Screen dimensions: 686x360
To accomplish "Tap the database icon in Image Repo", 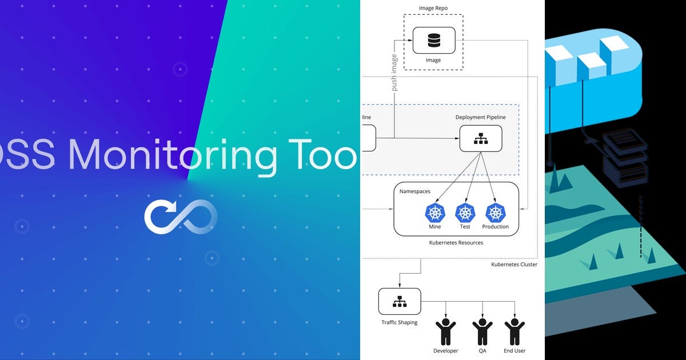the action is point(434,41).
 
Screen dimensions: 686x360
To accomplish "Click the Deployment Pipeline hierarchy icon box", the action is point(481,138).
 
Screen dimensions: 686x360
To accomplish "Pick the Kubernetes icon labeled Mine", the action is point(435,213).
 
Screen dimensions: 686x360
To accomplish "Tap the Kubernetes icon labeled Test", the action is point(465,213).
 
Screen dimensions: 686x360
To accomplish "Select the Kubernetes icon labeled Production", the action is point(495,213).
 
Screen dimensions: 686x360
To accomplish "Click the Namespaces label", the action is point(415,191).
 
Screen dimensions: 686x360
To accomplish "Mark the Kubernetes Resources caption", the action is point(456,243).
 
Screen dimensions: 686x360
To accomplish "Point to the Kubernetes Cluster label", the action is point(514,265).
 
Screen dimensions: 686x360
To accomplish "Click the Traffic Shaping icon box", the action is point(400,301).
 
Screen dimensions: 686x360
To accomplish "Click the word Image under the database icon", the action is point(433,61).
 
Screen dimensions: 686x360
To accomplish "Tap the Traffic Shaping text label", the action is point(400,322).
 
